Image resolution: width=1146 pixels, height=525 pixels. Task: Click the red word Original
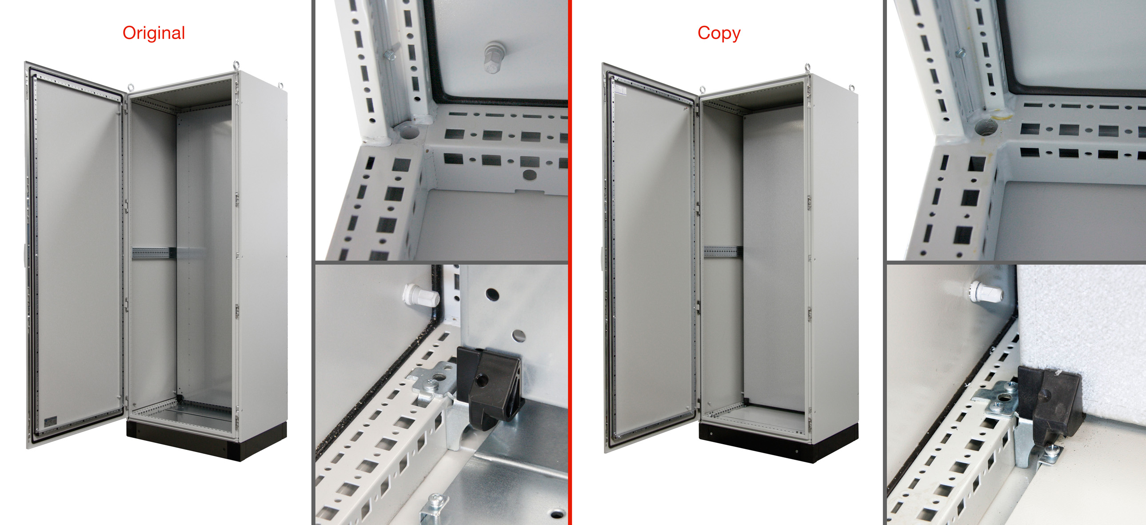(x=153, y=33)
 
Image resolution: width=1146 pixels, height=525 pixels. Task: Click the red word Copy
(x=719, y=33)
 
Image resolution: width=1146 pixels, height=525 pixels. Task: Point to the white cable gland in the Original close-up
(x=420, y=295)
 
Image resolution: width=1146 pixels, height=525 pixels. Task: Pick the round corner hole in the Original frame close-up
(x=409, y=131)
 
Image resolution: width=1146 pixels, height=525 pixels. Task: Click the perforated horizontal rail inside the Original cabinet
(x=151, y=253)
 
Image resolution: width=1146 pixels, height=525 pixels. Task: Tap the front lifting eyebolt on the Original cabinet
(x=130, y=87)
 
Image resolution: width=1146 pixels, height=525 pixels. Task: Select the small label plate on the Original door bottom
(x=51, y=420)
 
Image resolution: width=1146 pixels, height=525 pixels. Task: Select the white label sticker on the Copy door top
(x=620, y=90)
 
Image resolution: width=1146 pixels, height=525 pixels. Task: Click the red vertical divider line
(x=570, y=262)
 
